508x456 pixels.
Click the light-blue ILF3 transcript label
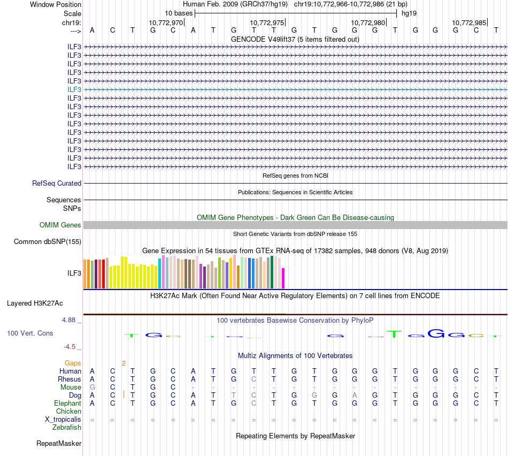pyautogui.click(x=74, y=89)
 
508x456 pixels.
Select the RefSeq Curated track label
pyautogui.click(x=57, y=183)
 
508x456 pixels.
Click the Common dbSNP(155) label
pyautogui.click(x=48, y=242)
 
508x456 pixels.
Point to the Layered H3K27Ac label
pyautogui.click(x=35, y=303)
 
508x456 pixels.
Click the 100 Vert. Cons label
pyautogui.click(x=30, y=333)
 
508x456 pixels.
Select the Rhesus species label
pyautogui.click(x=70, y=379)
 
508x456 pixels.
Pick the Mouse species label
pyautogui.click(x=71, y=387)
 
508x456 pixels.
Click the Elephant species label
pyautogui.click(x=67, y=403)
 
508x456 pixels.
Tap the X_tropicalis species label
pyautogui.click(x=63, y=419)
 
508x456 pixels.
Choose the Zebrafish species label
pyautogui.click(x=67, y=427)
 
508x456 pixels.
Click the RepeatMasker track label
pyautogui.click(x=59, y=444)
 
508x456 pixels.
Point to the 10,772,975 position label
pyautogui.click(x=267, y=23)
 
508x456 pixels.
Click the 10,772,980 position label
pyautogui.click(x=368, y=23)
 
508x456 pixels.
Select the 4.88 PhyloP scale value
pyautogui.click(x=71, y=320)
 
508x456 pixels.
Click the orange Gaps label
pyautogui.click(x=73, y=363)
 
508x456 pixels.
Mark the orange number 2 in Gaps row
pyautogui.click(x=124, y=363)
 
